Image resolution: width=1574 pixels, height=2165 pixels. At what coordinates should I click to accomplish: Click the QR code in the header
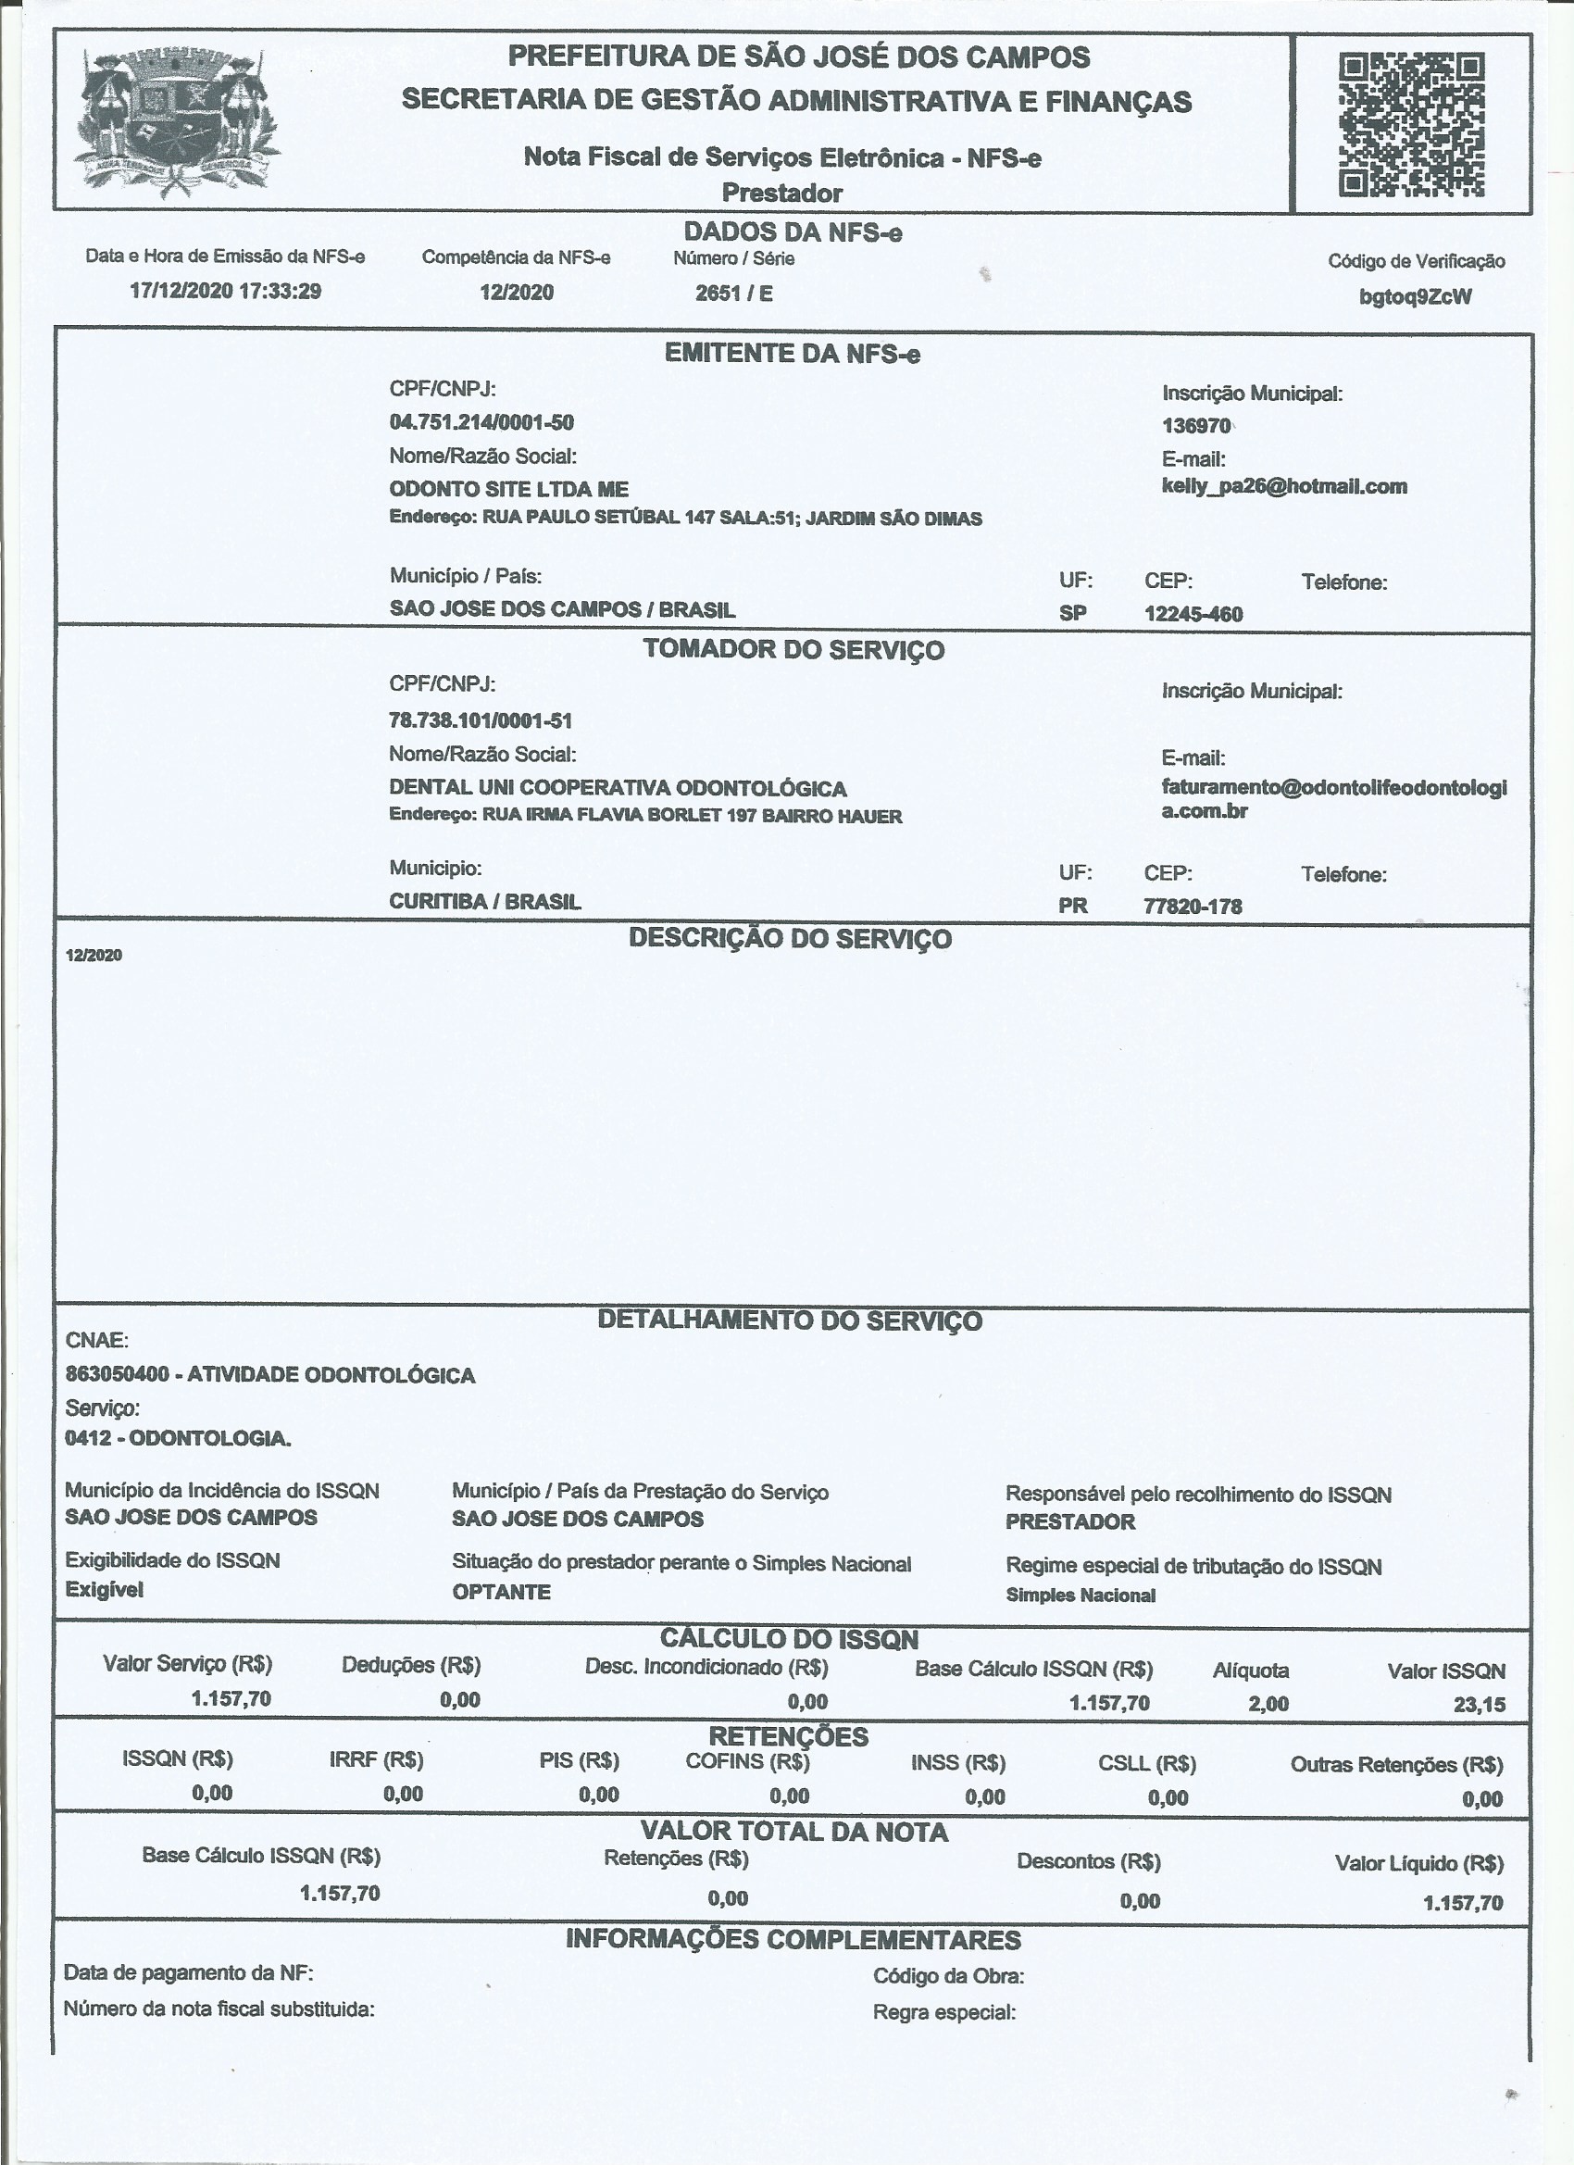(x=1411, y=125)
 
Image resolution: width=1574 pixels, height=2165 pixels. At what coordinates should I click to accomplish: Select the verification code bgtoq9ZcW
(x=1415, y=297)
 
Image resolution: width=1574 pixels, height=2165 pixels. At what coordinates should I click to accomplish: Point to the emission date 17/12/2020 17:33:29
(x=225, y=291)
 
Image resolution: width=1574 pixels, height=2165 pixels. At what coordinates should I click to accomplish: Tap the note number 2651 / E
(x=733, y=293)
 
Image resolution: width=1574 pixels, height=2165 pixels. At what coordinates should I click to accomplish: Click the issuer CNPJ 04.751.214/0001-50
(x=481, y=422)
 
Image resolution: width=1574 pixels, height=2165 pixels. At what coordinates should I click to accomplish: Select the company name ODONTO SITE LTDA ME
(x=508, y=490)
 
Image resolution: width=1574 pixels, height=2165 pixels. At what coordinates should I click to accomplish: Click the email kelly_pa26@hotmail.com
(x=1284, y=486)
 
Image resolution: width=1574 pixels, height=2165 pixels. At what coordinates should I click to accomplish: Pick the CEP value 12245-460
(x=1193, y=614)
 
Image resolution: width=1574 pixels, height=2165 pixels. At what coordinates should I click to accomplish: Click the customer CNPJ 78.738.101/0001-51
(x=481, y=720)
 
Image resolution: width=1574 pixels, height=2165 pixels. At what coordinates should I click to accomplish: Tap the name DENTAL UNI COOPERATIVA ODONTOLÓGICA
(x=618, y=788)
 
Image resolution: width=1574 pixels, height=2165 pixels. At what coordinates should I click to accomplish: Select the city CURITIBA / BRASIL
(x=485, y=901)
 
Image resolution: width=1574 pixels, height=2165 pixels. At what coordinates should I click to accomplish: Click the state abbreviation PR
(x=1073, y=905)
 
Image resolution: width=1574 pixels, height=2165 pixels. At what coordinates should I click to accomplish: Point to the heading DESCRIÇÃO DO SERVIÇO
(x=791, y=939)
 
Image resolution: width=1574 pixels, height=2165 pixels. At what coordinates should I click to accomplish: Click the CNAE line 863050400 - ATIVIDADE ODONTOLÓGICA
(x=270, y=1374)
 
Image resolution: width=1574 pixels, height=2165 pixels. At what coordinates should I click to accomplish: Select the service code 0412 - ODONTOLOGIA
(x=179, y=1439)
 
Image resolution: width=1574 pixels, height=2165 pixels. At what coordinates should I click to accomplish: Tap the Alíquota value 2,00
(x=1268, y=1704)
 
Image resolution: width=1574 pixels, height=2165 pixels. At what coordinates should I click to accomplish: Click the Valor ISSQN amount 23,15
(x=1479, y=1705)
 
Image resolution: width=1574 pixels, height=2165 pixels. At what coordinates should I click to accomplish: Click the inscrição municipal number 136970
(x=1196, y=426)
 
